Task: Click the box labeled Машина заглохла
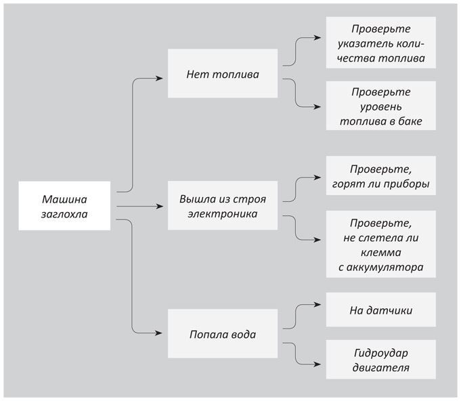pos(64,206)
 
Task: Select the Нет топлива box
pos(223,73)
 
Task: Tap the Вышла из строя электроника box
pos(223,205)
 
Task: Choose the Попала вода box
pos(223,333)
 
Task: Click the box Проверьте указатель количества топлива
pos(380,43)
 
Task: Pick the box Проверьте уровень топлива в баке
pos(380,106)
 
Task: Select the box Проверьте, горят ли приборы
pos(380,175)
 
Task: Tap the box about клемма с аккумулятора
pos(380,244)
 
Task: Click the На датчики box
pos(380,310)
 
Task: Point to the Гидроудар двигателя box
pos(380,360)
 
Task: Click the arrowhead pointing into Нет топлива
pos(159,79)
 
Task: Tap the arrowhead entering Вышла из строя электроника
pos(159,206)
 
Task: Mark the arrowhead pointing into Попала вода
pos(159,333)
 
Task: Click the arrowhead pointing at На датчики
pos(317,305)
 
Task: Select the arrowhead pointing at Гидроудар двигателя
pos(317,364)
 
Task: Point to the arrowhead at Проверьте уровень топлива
pos(317,107)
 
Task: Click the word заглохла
pos(64,214)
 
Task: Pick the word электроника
pos(223,214)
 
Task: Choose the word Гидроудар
pos(381,353)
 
